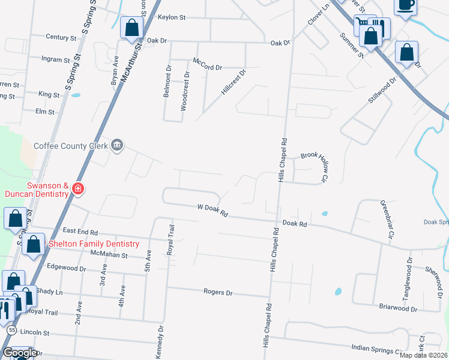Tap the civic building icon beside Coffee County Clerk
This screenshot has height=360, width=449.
coord(117,145)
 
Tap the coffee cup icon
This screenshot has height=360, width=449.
coord(406,5)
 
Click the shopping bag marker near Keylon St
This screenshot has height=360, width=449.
coord(131,29)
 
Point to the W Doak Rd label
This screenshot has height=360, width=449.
coord(213,211)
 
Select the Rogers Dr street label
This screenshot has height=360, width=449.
coord(218,293)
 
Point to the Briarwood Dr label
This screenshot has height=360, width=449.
coord(397,308)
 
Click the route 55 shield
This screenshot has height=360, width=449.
coord(11,330)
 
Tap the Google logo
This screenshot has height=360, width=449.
coord(19,353)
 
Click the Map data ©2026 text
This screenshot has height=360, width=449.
coord(423,355)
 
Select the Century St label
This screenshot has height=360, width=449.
coord(62,37)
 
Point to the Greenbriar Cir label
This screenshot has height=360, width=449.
coord(385,220)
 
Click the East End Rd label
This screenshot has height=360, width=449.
coord(80,231)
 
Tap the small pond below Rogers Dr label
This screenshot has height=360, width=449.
coord(338,292)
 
